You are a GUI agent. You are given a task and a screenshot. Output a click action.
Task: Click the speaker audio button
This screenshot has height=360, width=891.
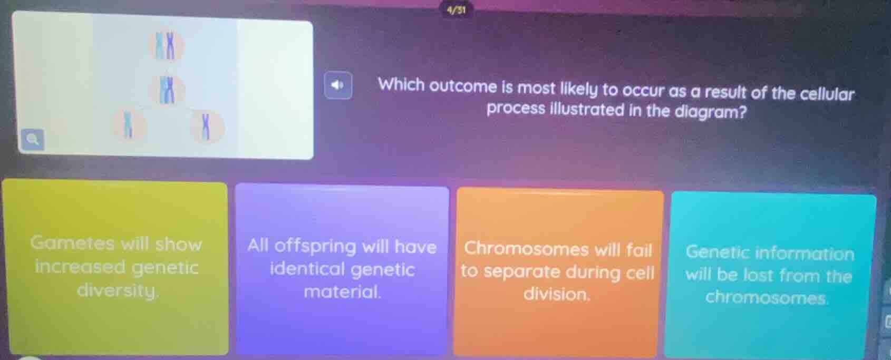point(338,85)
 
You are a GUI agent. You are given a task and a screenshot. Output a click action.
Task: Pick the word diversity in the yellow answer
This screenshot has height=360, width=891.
point(117,290)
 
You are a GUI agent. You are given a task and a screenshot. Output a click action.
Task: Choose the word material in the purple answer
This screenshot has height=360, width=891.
point(342,291)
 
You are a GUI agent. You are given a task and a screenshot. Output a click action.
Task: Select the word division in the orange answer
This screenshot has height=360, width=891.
point(557,294)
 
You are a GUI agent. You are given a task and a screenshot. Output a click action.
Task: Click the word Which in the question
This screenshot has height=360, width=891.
point(401,85)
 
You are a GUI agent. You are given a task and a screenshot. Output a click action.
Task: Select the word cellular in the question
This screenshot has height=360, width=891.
point(827,94)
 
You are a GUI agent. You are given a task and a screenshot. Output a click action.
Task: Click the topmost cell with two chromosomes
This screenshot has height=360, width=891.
point(167,45)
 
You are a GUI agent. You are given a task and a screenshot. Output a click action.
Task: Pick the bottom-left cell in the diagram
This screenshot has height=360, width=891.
point(127,125)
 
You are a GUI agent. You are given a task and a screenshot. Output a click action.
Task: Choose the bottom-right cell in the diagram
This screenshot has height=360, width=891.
point(206,127)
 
